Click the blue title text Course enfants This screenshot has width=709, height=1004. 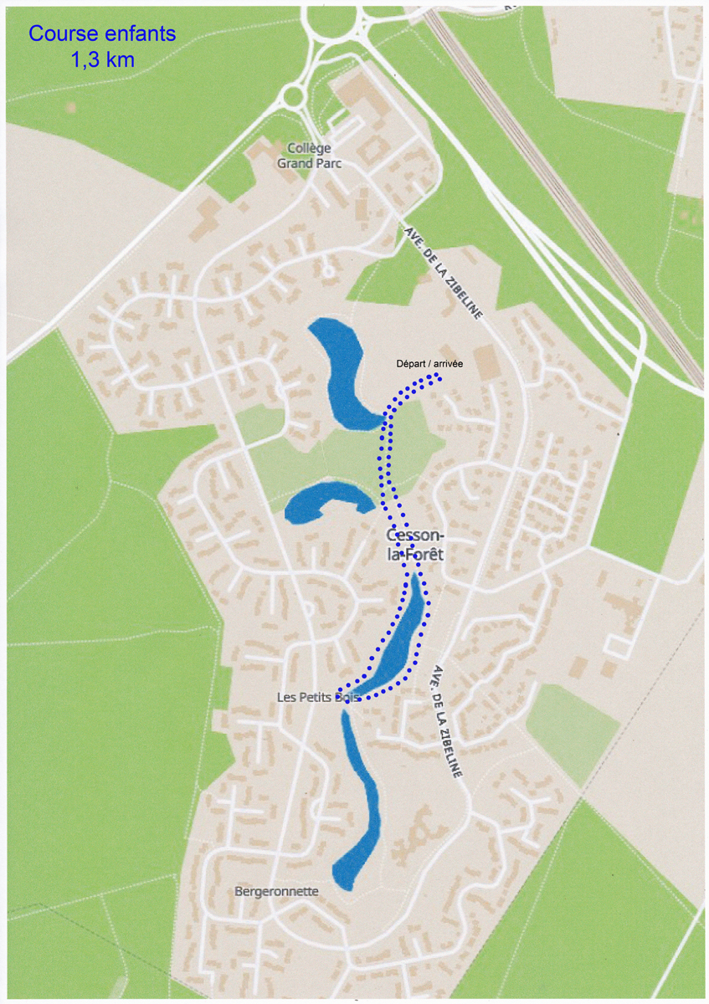(x=102, y=34)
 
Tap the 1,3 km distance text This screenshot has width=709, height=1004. (x=102, y=59)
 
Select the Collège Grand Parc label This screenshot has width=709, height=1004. (x=309, y=156)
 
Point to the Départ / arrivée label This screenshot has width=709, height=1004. (x=429, y=364)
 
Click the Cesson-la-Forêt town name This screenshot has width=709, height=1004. (x=416, y=545)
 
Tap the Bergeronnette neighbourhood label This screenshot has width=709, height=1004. (x=276, y=891)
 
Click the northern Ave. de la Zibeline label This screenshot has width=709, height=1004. (x=444, y=273)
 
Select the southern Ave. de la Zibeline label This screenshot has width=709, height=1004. (x=448, y=722)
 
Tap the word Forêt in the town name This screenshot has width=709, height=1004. (x=424, y=555)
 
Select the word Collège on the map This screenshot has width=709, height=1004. (x=309, y=148)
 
